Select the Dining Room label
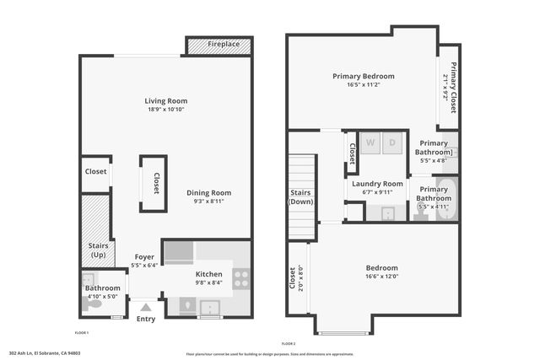[208, 192]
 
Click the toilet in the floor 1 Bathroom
[95, 304]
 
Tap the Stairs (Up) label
[98, 250]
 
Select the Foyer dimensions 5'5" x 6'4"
[145, 266]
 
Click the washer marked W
[370, 142]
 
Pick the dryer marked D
[392, 142]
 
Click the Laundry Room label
[376, 183]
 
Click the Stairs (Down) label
[300, 197]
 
